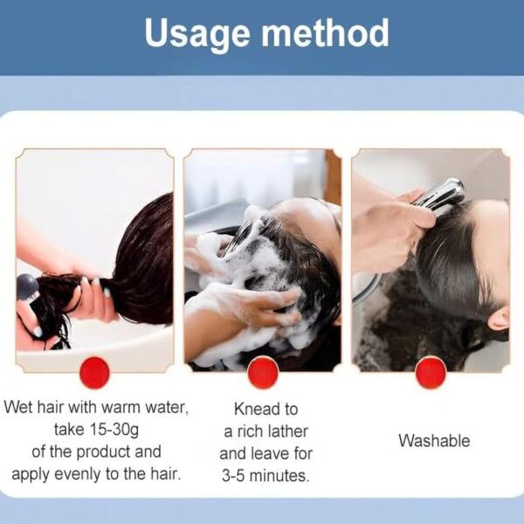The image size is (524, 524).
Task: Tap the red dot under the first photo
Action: click(94, 373)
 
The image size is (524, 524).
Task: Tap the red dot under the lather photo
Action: click(262, 373)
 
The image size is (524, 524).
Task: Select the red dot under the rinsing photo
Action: click(431, 373)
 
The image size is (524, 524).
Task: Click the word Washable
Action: click(434, 441)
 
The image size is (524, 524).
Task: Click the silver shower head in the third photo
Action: click(445, 194)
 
